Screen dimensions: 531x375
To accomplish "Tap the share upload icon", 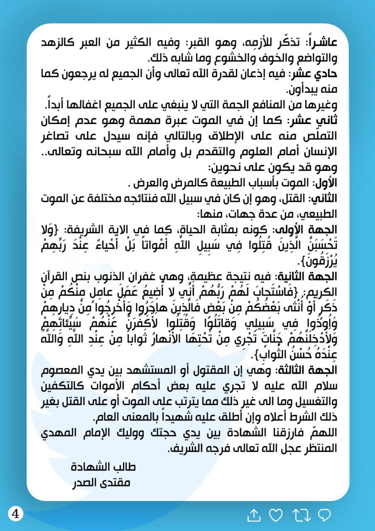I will [x=253, y=515].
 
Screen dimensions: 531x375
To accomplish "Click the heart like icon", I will [x=276, y=515].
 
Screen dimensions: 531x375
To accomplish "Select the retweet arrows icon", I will [x=301, y=515].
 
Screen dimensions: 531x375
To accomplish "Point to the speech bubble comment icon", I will [x=324, y=515].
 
